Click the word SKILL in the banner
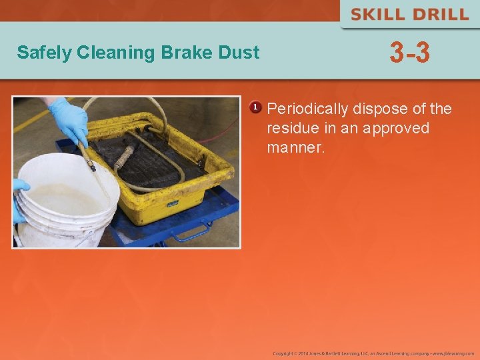(x=377, y=15)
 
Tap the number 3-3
(x=410, y=53)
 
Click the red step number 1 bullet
(x=255, y=107)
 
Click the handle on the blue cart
(x=190, y=233)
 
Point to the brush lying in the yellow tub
(x=124, y=157)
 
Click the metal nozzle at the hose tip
(x=90, y=162)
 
